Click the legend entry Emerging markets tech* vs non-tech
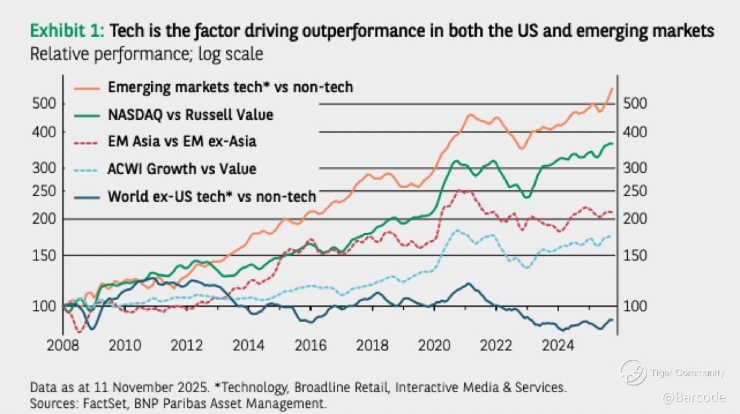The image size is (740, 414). pos(230,87)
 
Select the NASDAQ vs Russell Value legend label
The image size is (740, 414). pos(190,115)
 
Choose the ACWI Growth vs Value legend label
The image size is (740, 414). pos(182,169)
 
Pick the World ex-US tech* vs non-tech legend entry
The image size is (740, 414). pos(212,196)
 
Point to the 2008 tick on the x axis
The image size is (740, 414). pos(64,344)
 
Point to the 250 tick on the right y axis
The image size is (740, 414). pos(635,191)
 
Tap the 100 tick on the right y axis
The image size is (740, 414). pos(635,307)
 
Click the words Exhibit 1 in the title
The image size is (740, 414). pos(67,31)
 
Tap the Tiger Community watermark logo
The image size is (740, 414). pos(633,372)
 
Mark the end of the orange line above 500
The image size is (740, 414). pos(612,89)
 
